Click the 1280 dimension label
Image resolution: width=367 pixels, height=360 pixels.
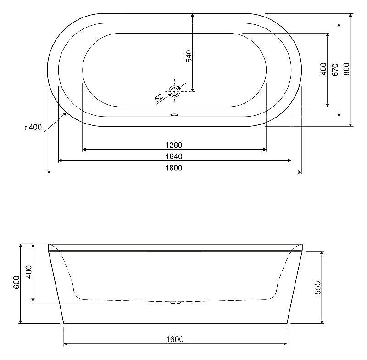click(x=174, y=145)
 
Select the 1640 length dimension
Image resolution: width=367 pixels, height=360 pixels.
click(x=174, y=157)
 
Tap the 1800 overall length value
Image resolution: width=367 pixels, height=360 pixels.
click(x=174, y=168)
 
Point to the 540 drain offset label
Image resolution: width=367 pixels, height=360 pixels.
click(x=189, y=56)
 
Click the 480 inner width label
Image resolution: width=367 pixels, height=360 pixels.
click(x=323, y=69)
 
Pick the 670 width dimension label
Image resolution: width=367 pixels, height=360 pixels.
click(x=335, y=69)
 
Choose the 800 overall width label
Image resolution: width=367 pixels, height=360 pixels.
click(x=346, y=69)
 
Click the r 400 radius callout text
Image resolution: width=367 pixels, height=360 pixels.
click(x=33, y=127)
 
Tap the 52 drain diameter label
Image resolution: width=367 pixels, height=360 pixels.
click(x=159, y=97)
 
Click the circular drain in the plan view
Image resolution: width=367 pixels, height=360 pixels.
click(x=174, y=91)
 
